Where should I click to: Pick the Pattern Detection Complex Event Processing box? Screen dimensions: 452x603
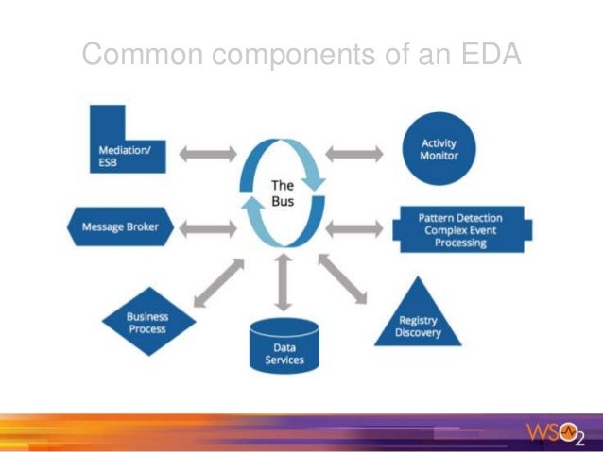click(x=460, y=230)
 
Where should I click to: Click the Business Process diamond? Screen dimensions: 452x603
click(x=147, y=323)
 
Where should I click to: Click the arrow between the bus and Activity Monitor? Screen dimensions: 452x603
click(x=353, y=153)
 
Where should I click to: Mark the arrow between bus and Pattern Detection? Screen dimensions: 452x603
click(x=353, y=227)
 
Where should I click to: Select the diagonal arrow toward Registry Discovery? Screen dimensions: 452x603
click(x=343, y=279)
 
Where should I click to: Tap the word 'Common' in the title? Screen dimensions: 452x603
click(x=142, y=55)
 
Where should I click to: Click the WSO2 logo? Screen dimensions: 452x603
click(x=557, y=434)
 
